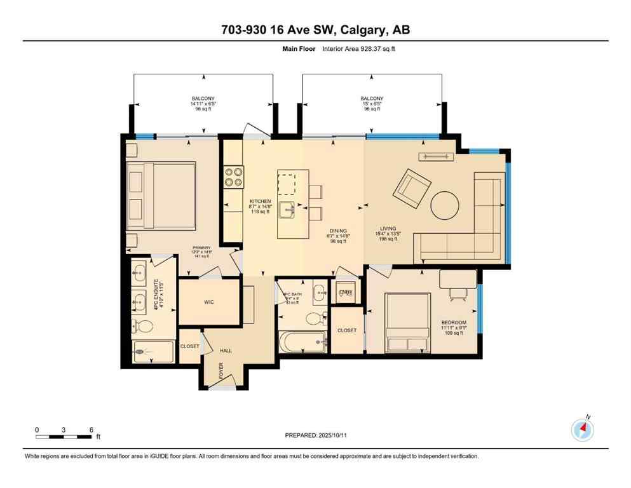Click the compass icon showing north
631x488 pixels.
click(582, 430)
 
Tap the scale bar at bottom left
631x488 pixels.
click(64, 437)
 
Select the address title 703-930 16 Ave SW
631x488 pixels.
click(315, 30)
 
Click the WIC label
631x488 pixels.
click(209, 302)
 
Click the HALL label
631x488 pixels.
click(226, 350)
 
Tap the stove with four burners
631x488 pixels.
click(233, 176)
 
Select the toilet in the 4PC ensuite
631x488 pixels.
click(144, 327)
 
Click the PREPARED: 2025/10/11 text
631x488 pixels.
click(315, 435)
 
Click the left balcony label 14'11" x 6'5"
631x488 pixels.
click(203, 104)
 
